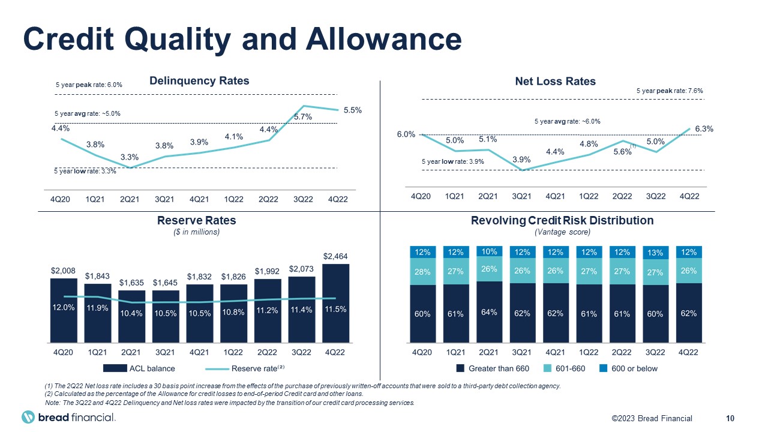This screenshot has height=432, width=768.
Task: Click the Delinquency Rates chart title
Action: coord(199,81)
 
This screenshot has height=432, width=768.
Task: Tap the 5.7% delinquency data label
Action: coord(303,117)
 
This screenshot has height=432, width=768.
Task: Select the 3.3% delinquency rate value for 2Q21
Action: coord(130,157)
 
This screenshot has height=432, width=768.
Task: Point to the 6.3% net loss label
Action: coord(703,129)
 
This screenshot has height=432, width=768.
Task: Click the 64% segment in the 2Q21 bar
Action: coord(488,313)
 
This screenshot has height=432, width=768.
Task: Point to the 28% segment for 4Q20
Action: coord(422,273)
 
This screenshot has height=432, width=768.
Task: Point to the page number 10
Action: coord(730,418)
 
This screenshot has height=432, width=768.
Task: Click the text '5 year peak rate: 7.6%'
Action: coord(669,91)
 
